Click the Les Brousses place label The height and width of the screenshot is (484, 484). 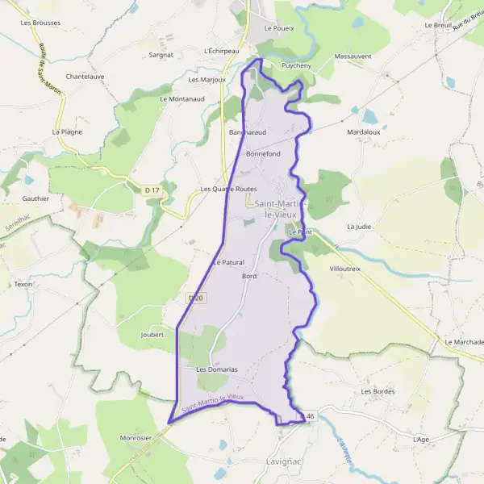[x=40, y=23]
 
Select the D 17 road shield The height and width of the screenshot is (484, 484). [x=151, y=190]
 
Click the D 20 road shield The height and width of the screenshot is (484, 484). [x=194, y=298]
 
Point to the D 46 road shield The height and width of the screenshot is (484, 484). [x=305, y=415]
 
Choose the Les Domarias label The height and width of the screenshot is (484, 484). [x=217, y=369]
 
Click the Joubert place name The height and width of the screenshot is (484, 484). [x=152, y=334]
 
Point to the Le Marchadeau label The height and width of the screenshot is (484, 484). [x=465, y=342]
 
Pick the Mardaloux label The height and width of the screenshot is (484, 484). [x=363, y=131]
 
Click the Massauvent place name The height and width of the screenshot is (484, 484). [x=353, y=56]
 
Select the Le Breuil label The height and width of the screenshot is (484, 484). [x=437, y=25]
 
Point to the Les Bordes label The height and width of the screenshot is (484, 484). [x=378, y=391]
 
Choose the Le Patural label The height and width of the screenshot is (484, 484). [x=227, y=262]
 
